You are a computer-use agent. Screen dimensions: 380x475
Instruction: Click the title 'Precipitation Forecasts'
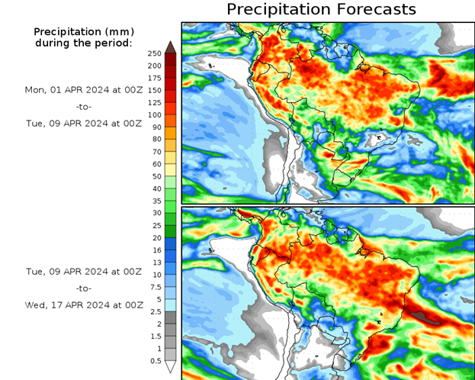point(321,9)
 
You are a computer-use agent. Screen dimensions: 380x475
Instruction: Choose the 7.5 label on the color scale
point(155,287)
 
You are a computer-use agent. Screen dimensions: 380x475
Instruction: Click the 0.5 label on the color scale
point(155,361)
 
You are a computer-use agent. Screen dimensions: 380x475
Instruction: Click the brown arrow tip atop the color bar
point(171,47)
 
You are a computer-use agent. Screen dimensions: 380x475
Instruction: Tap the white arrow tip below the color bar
point(171,367)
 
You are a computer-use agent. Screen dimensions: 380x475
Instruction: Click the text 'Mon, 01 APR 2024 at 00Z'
point(84,90)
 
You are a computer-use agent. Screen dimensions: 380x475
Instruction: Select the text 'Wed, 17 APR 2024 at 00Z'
point(84,304)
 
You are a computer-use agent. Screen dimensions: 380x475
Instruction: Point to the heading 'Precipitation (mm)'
point(83,32)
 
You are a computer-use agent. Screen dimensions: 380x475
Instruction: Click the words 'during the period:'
point(83,43)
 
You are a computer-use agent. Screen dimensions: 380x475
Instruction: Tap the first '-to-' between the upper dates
point(84,106)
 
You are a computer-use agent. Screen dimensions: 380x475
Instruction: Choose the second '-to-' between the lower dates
point(84,288)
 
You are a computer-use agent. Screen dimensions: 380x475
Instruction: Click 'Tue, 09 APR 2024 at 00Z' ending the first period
point(84,122)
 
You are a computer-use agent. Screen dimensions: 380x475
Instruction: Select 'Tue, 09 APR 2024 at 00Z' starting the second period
point(84,272)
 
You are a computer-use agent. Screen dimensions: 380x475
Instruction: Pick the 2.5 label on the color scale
point(155,311)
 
